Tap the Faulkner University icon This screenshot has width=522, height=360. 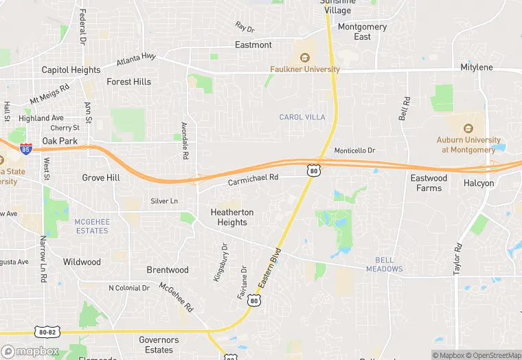(x=304, y=58)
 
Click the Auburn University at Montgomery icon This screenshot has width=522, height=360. (x=468, y=128)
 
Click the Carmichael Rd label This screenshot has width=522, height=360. (x=253, y=177)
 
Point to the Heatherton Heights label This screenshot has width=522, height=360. (x=232, y=217)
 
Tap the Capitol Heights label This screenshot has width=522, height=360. (x=71, y=70)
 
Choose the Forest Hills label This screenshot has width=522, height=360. (x=128, y=82)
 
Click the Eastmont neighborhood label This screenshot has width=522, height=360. (x=253, y=45)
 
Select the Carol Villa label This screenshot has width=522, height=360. (x=302, y=117)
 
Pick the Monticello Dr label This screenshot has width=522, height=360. (x=354, y=150)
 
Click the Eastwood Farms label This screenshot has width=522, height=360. (x=429, y=183)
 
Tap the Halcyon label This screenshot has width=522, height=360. (x=478, y=183)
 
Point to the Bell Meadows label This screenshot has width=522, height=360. (x=389, y=264)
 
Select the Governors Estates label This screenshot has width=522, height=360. (x=159, y=345)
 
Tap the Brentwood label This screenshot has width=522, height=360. (x=168, y=270)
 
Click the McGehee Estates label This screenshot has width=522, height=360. (x=92, y=226)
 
